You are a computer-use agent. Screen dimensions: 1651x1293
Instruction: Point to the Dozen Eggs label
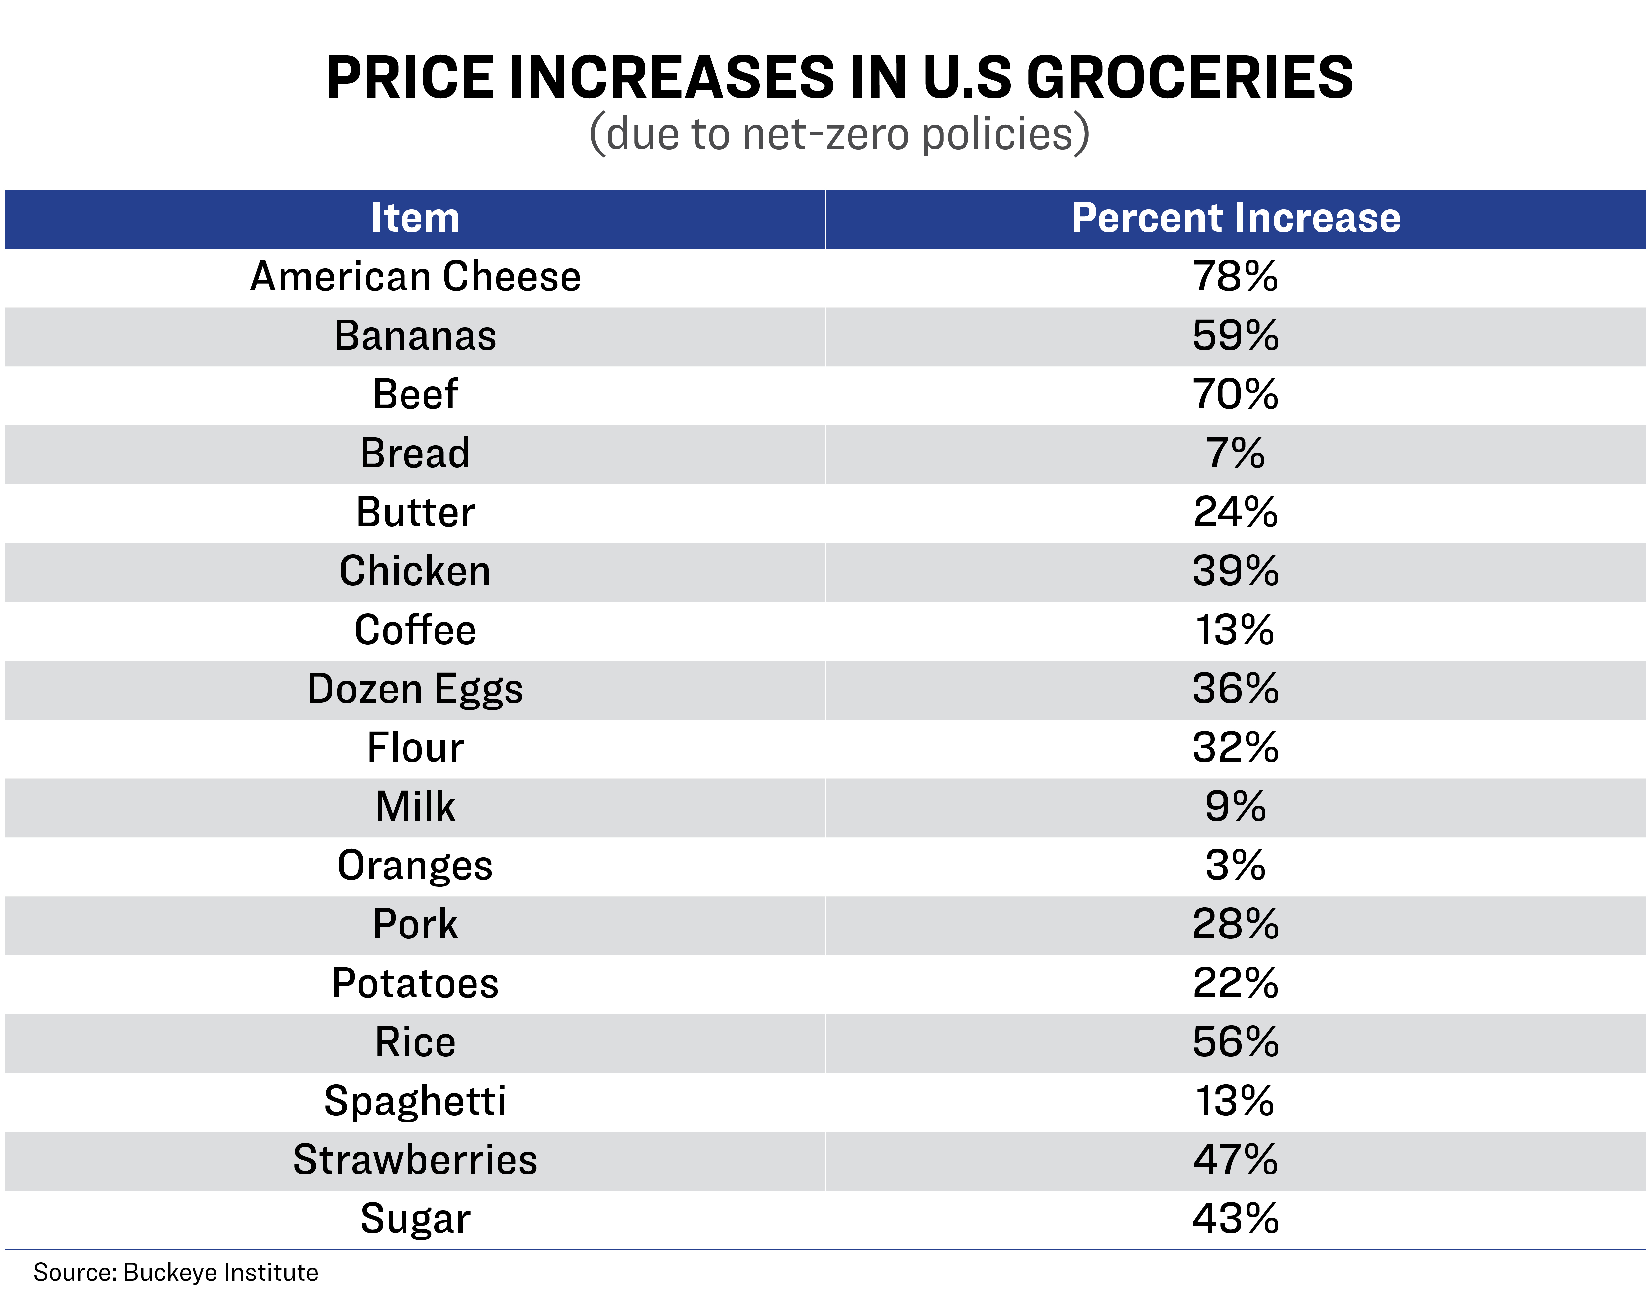point(415,690)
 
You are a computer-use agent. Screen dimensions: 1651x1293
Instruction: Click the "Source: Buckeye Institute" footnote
point(176,1273)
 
